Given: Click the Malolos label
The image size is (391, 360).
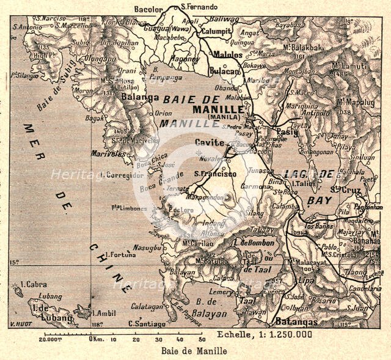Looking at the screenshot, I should pos(227,54).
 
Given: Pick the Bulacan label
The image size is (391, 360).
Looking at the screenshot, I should pos(224,72).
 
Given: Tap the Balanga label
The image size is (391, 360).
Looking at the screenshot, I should pos(141,97).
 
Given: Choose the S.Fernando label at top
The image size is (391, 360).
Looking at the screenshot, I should pos(199,7).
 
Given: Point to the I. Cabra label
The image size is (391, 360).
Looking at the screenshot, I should pos(32,285).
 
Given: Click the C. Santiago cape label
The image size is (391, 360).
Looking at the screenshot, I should pos(146,323).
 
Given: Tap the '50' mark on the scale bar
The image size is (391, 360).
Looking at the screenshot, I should pos(201,338).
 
